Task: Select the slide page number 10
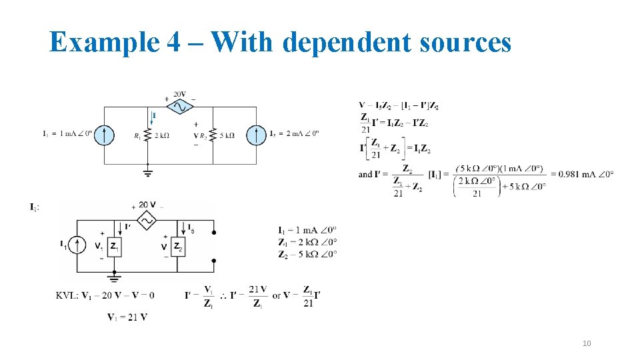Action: point(587,343)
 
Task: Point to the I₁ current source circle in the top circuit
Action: point(104,135)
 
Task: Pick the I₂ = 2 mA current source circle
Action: point(256,135)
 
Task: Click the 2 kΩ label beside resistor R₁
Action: point(161,136)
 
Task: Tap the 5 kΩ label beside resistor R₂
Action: point(227,136)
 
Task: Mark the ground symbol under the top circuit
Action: point(147,173)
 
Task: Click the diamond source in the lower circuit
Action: point(145,219)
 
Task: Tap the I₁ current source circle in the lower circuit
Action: point(77,246)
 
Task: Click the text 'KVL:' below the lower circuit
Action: point(67,296)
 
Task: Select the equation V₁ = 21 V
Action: point(127,317)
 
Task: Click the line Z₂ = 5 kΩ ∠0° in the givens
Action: point(307,253)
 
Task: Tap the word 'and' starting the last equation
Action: point(365,175)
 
